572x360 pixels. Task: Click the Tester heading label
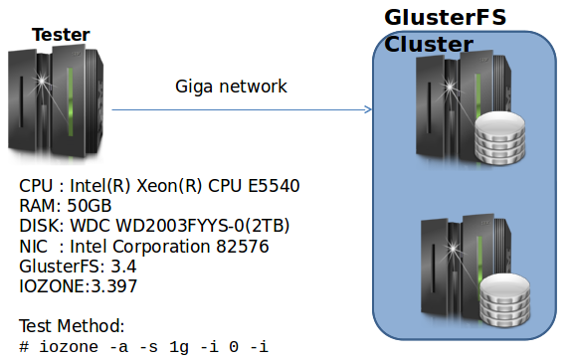coord(61,36)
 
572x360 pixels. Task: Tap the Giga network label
coord(231,87)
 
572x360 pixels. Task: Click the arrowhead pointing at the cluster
coord(367,109)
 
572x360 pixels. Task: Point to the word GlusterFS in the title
coord(446,18)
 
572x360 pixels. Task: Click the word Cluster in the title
coord(429,45)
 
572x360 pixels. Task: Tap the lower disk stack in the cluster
coord(503,297)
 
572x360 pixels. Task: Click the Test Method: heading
coord(72,325)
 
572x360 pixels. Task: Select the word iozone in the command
coord(65,345)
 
